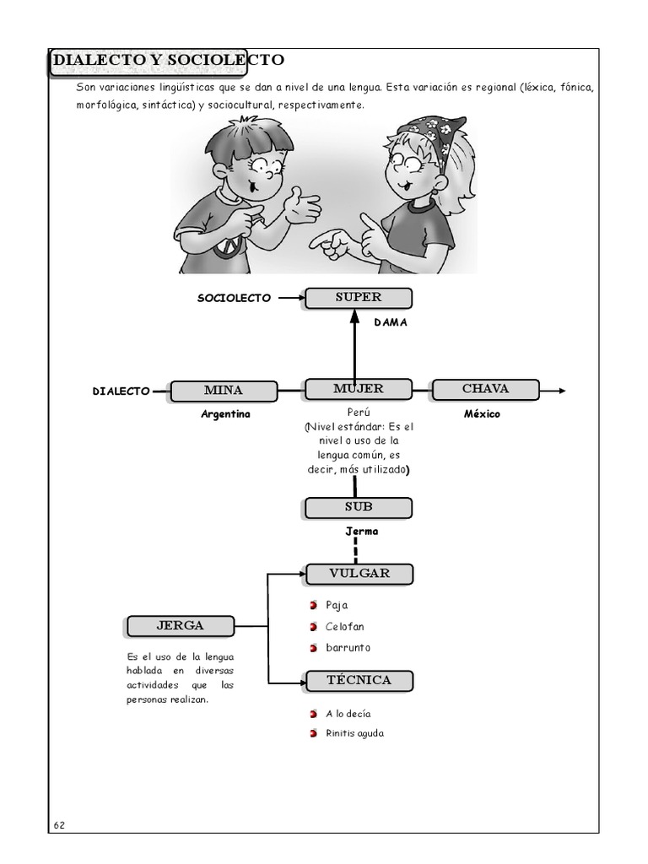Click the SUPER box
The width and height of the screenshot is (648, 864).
pos(359,298)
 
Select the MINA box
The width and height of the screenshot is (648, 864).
pos(224,391)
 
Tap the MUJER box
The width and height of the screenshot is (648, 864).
pos(359,389)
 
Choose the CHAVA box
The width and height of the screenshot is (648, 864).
pos(485,389)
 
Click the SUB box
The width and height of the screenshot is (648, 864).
pos(359,507)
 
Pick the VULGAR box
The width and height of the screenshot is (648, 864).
pos(359,574)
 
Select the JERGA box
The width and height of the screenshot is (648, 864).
pos(181,626)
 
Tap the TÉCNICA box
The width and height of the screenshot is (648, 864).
pos(359,680)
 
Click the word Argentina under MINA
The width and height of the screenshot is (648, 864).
pos(225,414)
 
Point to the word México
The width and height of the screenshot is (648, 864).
pos(482,413)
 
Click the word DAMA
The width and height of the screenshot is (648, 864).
pos(391,321)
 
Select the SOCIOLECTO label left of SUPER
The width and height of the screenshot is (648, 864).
pos(235,298)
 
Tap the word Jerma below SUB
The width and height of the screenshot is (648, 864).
pos(362,532)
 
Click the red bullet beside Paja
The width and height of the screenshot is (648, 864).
pos(314,605)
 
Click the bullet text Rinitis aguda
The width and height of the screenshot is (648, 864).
pos(354,733)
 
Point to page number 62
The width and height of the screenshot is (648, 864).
pos(58,825)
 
